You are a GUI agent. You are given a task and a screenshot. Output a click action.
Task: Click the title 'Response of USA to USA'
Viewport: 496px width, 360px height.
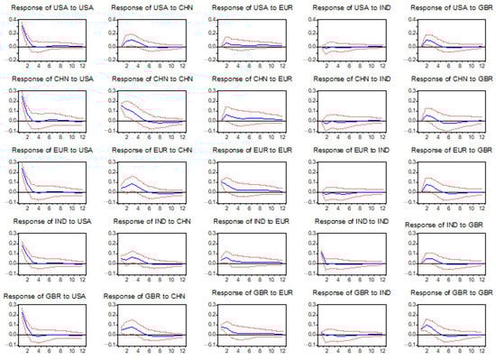[49, 8]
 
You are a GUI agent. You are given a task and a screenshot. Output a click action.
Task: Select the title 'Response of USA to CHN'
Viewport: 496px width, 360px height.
[146, 8]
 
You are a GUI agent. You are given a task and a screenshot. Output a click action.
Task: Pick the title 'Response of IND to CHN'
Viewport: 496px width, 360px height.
[146, 223]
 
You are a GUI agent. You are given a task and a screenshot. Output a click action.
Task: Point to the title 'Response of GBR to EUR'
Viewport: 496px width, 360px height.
[247, 293]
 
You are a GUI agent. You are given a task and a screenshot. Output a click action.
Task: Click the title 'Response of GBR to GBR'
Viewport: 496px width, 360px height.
[445, 293]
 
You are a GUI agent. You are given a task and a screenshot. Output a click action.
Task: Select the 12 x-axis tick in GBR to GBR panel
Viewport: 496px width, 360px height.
[484, 352]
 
